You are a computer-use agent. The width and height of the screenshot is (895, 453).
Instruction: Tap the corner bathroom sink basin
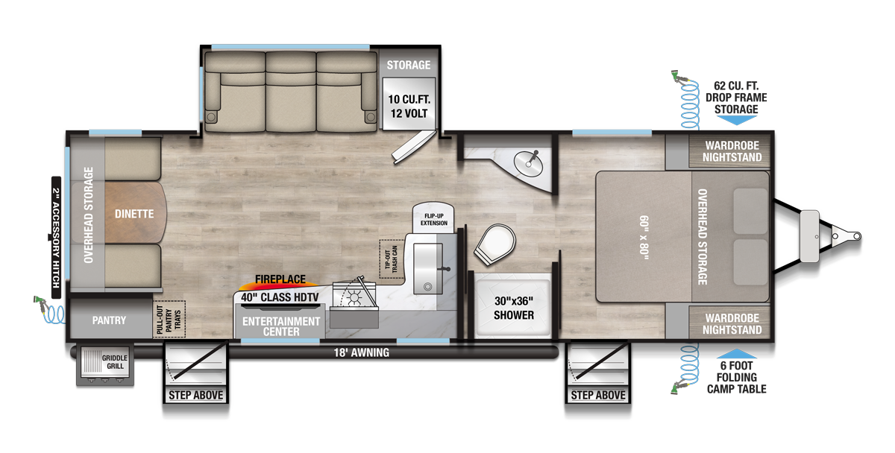coord(533,159)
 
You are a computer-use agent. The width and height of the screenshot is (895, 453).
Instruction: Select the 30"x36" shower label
coord(514,308)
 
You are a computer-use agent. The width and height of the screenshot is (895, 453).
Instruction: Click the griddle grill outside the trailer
coord(104,363)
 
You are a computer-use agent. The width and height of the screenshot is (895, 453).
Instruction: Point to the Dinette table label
coord(134,214)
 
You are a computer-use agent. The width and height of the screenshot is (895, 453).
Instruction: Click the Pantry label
coord(109,320)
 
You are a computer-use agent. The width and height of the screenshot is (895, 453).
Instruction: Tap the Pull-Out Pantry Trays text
coord(169,320)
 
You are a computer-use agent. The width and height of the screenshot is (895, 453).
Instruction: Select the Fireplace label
coord(280,279)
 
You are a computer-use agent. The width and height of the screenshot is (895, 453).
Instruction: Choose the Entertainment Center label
coord(282,326)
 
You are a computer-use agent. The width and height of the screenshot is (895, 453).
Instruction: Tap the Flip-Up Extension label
coord(433,218)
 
